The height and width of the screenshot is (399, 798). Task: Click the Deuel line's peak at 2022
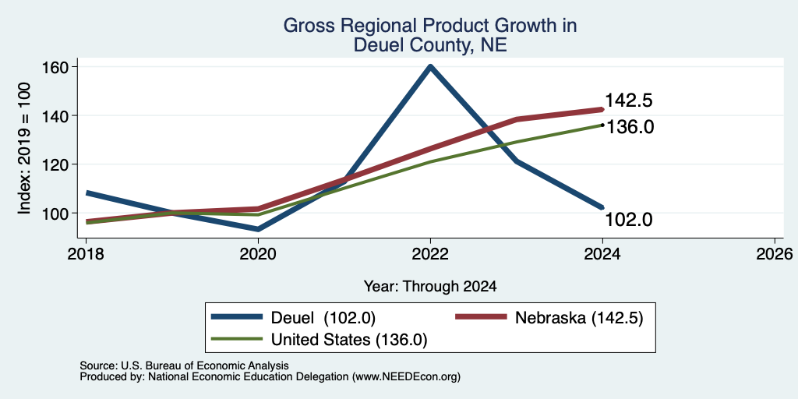click(x=430, y=67)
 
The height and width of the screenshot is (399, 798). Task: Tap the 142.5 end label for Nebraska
click(x=629, y=101)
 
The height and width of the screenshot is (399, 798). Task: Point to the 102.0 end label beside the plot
click(x=629, y=220)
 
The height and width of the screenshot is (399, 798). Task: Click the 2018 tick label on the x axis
click(x=86, y=253)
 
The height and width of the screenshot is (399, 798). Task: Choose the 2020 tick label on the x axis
click(x=258, y=253)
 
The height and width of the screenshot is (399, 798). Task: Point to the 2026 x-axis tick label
click(x=775, y=253)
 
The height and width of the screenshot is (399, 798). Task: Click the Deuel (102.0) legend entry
click(x=293, y=318)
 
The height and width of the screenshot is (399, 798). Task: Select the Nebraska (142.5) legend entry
click(x=549, y=318)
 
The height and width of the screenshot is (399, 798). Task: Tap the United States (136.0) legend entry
click(x=319, y=340)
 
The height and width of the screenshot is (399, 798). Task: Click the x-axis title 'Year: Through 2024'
click(x=430, y=287)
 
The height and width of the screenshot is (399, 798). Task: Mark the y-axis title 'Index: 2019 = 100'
click(x=24, y=148)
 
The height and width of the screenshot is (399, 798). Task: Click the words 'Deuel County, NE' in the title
click(x=430, y=44)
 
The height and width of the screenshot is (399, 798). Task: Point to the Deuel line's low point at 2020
click(x=258, y=229)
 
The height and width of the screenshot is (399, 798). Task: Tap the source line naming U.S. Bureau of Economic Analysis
click(x=184, y=366)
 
